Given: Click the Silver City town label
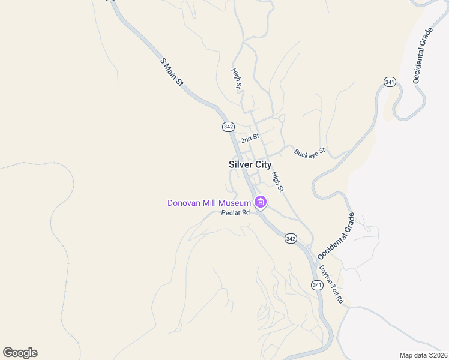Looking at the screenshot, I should (x=250, y=164).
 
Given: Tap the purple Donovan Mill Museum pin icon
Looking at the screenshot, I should (x=261, y=203).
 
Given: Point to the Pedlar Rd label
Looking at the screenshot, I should (x=235, y=212).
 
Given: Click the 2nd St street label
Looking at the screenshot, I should (x=250, y=139).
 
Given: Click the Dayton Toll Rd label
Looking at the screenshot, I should (x=331, y=284).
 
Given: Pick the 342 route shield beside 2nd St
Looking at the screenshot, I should (x=228, y=127).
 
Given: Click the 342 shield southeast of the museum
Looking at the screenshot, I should (x=291, y=238).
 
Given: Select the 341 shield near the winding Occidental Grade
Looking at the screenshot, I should (x=390, y=82).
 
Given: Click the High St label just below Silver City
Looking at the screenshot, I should (x=277, y=182).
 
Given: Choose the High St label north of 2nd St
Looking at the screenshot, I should (x=237, y=79).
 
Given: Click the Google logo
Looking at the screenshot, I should (x=20, y=353).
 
